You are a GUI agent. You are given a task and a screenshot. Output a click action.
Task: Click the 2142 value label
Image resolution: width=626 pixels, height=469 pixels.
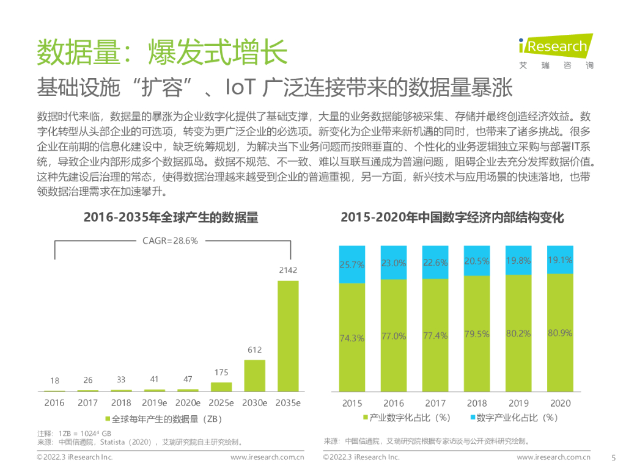[288, 270]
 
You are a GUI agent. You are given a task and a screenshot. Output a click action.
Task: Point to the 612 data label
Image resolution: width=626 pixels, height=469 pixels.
[255, 350]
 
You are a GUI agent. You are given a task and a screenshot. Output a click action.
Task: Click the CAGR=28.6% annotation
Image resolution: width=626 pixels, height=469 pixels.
[171, 241]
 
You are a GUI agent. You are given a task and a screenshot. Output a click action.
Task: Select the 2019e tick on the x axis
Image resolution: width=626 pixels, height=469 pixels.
[155, 403]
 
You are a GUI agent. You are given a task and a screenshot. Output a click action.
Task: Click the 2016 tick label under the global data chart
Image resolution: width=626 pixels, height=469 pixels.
[54, 403]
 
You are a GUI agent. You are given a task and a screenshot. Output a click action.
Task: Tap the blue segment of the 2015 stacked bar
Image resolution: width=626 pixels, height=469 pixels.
[352, 264]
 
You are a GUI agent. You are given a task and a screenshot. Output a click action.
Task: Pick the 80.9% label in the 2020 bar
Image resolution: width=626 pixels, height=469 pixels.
[560, 333]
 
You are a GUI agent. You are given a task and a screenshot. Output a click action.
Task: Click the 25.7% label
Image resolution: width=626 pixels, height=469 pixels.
[352, 265]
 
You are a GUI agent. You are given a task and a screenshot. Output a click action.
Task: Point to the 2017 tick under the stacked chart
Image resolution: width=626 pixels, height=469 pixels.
[435, 403]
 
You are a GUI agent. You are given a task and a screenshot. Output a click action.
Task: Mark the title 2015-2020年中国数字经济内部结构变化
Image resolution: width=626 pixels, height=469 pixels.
[452, 217]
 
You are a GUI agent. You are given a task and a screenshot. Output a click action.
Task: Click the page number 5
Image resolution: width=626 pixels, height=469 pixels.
[613, 457]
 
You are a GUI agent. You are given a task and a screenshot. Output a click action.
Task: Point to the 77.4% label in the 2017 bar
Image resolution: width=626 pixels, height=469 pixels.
[435, 336]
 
